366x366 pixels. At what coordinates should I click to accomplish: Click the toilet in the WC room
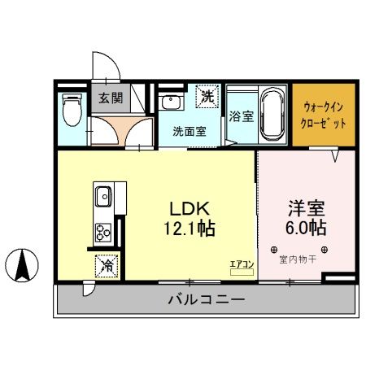coord(72,107)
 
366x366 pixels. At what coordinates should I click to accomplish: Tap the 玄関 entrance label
coord(111,98)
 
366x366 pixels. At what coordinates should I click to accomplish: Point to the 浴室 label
coord(240,115)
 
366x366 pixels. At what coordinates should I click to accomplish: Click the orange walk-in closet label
coord(325,115)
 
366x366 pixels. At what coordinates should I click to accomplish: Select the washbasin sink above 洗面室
coord(172,102)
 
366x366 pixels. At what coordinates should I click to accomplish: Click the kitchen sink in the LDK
coord(103,198)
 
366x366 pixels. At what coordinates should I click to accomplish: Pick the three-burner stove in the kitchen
coord(103,233)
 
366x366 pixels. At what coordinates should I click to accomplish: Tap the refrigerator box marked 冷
coord(106,264)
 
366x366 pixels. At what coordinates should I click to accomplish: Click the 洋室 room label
coord(305,207)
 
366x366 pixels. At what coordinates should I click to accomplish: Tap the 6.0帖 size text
coord(305,229)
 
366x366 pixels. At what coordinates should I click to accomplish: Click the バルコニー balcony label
coord(207,300)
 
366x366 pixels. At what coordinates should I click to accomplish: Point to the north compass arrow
coord(24,264)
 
